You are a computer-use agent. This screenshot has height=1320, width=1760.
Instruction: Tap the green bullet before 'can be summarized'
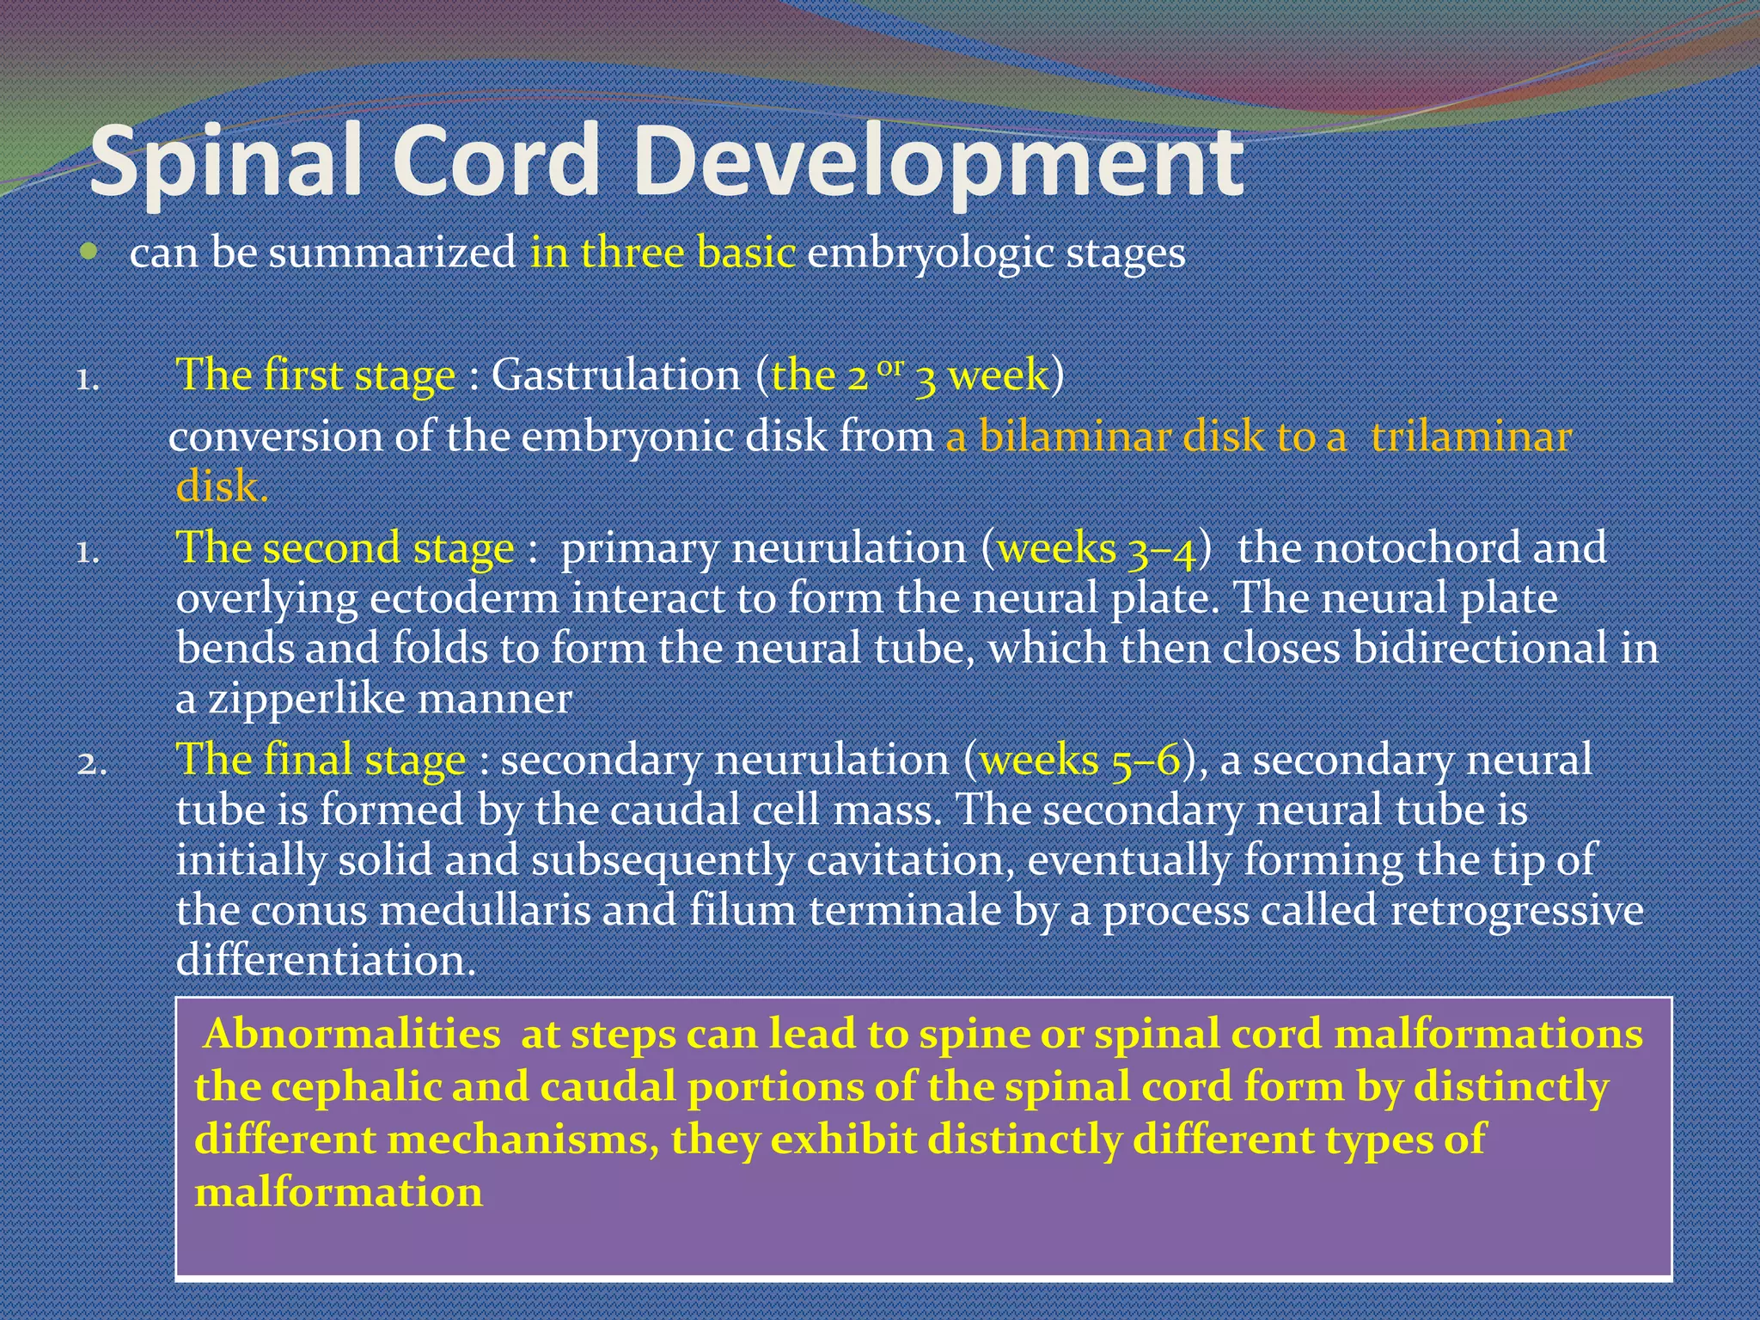coord(89,252)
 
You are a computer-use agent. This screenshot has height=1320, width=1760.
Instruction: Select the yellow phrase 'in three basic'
coord(663,253)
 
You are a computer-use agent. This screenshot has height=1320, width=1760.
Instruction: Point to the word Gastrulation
coord(615,376)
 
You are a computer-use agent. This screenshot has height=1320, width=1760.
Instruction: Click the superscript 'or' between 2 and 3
coord(891,367)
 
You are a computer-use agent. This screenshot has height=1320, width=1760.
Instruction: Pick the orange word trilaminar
coord(1471,437)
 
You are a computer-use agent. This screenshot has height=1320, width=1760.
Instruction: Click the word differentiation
coord(326,960)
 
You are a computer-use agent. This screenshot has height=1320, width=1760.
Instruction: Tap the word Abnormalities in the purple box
coord(352,1034)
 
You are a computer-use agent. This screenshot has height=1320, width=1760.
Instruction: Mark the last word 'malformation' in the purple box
coord(339,1193)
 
